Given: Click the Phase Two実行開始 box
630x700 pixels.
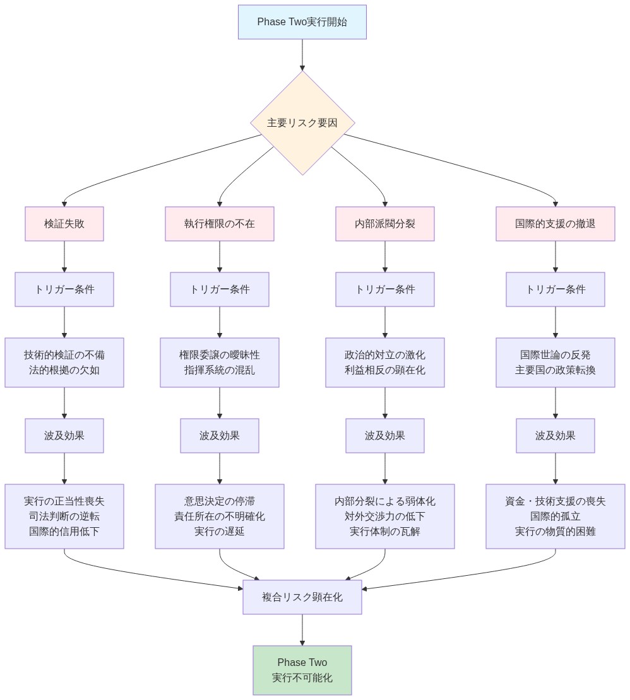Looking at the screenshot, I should coord(302,22).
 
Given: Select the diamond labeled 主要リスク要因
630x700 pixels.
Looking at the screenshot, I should coord(302,123).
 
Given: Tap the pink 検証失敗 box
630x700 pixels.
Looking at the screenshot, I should coord(64,224).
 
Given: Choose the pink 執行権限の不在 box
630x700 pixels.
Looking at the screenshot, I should coord(220,224).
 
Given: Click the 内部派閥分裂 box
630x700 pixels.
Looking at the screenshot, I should coord(385,224).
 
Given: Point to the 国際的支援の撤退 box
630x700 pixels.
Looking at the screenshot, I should coord(556,224).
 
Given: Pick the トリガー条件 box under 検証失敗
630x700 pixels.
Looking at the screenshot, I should coord(64,289).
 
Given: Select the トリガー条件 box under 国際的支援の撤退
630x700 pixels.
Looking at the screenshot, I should coord(556,289).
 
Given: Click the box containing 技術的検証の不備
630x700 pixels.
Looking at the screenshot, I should coord(64,363).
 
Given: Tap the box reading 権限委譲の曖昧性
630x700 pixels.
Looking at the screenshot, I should coord(220,363).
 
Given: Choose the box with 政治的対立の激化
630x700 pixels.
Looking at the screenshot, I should coord(385,363).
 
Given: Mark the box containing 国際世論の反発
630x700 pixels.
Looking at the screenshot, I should coord(556,363).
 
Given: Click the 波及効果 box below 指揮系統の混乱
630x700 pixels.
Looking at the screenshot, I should coord(220,436).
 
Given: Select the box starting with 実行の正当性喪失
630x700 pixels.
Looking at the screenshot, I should coord(64,516).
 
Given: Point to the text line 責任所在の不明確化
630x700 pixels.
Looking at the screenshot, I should coord(220,516).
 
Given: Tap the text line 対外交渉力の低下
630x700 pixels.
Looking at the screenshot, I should coord(385,516).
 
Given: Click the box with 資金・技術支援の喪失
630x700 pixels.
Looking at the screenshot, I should coord(556,516).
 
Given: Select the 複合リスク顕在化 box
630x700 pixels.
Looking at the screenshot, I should coord(302,597).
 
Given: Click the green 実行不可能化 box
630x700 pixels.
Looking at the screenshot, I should coord(302,670).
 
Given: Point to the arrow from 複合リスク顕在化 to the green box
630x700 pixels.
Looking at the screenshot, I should coord(302,630).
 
